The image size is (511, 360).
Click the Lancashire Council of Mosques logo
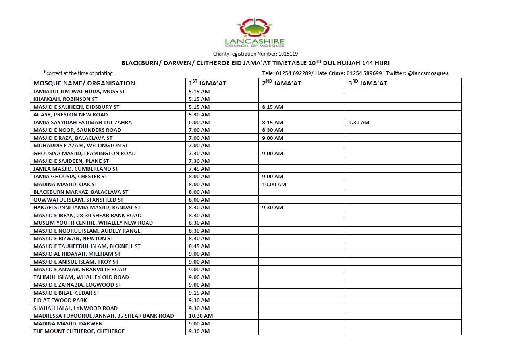(x=255, y=32)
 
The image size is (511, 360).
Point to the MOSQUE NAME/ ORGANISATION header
(x=84, y=83)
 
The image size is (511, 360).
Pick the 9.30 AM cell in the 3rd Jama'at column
(x=359, y=122)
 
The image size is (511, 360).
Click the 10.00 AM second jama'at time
(x=274, y=184)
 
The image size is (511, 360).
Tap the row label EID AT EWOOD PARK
(x=60, y=300)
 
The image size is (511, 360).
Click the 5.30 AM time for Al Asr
(x=199, y=115)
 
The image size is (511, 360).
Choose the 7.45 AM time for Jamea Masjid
(x=199, y=169)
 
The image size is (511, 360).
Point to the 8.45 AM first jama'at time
(x=199, y=246)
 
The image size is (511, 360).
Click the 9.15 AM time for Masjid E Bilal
(x=199, y=293)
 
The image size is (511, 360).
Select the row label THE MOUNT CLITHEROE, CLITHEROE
(x=79, y=331)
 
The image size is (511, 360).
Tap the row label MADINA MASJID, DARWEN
(x=67, y=323)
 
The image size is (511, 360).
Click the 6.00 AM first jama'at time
(x=199, y=122)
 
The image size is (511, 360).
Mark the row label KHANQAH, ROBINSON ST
(x=66, y=99)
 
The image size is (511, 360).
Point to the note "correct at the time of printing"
(x=79, y=73)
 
